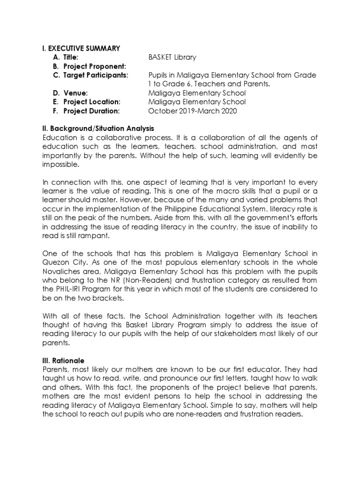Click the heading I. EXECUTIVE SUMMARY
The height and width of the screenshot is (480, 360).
pos(81,48)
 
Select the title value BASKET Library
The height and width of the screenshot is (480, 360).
pos(172,57)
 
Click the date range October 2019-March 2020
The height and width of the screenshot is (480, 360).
pos(192,111)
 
